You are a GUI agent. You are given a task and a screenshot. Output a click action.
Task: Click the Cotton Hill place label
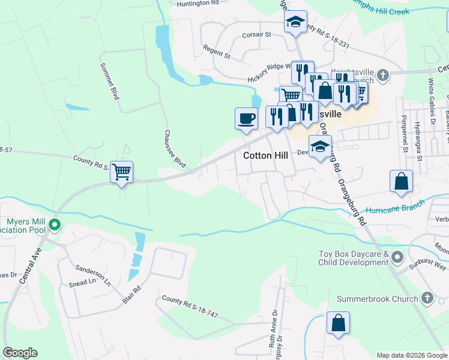point(265,155)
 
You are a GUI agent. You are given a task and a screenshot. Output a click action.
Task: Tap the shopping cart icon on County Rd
point(122,172)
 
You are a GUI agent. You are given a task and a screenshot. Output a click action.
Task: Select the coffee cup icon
point(246,118)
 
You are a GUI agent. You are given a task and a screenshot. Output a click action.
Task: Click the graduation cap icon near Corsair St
point(295,22)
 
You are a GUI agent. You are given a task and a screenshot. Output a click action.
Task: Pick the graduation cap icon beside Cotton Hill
point(320,146)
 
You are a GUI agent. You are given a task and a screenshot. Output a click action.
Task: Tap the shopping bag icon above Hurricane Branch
point(401,181)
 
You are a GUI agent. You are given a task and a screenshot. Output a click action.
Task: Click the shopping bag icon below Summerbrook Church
point(338,322)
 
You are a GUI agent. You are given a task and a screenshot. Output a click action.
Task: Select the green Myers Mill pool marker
point(55,226)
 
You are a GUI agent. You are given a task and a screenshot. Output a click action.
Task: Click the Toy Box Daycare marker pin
point(397,258)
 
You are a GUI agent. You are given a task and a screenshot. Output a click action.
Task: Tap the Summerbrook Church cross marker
point(427,298)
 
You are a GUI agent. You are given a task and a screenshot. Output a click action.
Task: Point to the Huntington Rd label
point(197,4)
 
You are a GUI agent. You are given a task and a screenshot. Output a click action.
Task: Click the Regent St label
point(217,52)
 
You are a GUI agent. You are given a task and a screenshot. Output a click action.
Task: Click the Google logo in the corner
point(20,352)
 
